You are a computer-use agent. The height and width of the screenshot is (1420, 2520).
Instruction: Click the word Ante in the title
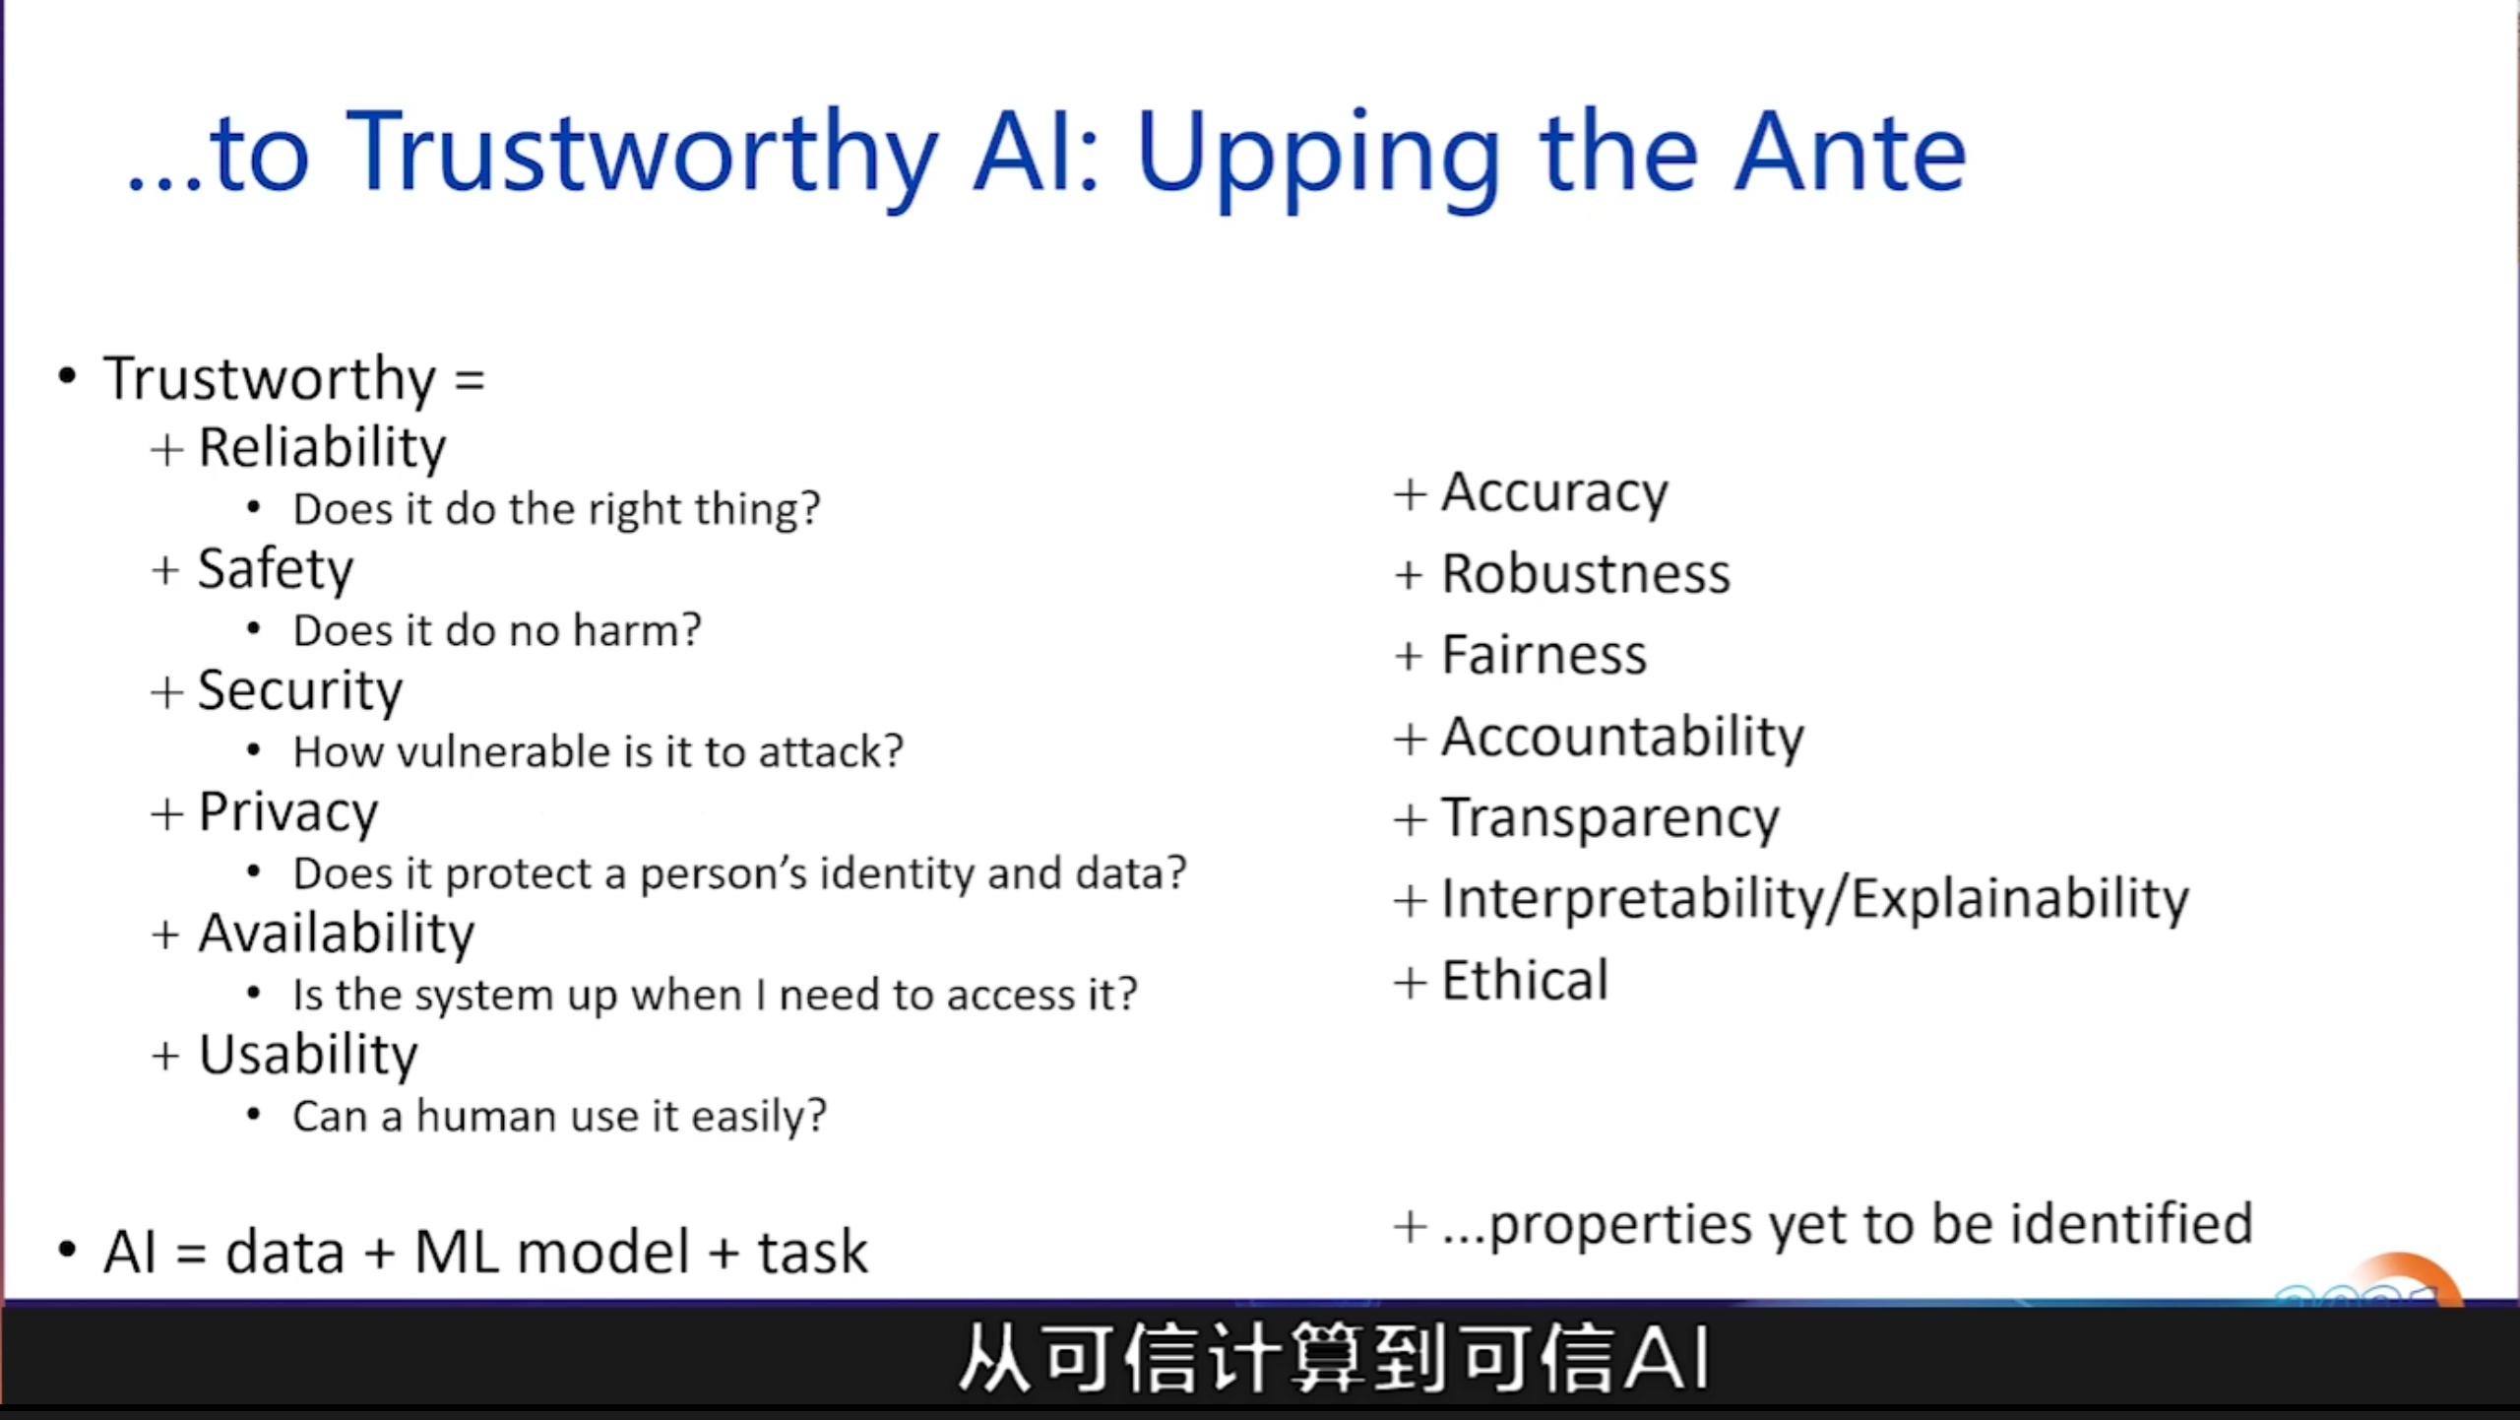(1851, 154)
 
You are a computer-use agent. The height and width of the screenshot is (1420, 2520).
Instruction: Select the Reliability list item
(322, 449)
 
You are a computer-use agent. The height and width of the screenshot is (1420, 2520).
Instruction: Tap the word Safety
(275, 569)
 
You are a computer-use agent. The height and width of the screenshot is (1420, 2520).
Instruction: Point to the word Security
(300, 691)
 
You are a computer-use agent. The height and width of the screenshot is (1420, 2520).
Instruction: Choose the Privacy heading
(287, 813)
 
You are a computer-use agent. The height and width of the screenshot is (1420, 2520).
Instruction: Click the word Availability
(336, 934)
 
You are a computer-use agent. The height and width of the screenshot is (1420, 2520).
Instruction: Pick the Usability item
(308, 1056)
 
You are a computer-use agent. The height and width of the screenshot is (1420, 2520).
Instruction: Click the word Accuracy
(1554, 492)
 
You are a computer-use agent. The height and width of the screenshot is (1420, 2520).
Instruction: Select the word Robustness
(1585, 573)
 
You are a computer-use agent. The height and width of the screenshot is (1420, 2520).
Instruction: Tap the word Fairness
(1543, 655)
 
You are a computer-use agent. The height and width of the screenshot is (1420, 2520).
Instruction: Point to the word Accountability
(1622, 737)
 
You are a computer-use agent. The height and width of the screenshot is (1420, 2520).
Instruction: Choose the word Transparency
(1610, 818)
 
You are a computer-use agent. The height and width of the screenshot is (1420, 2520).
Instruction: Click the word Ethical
(1525, 981)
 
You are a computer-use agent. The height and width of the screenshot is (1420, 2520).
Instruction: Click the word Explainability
(2020, 899)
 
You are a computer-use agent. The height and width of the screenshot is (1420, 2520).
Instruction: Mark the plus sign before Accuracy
(1410, 493)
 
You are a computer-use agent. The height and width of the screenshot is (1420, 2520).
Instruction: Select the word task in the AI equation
(812, 1253)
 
